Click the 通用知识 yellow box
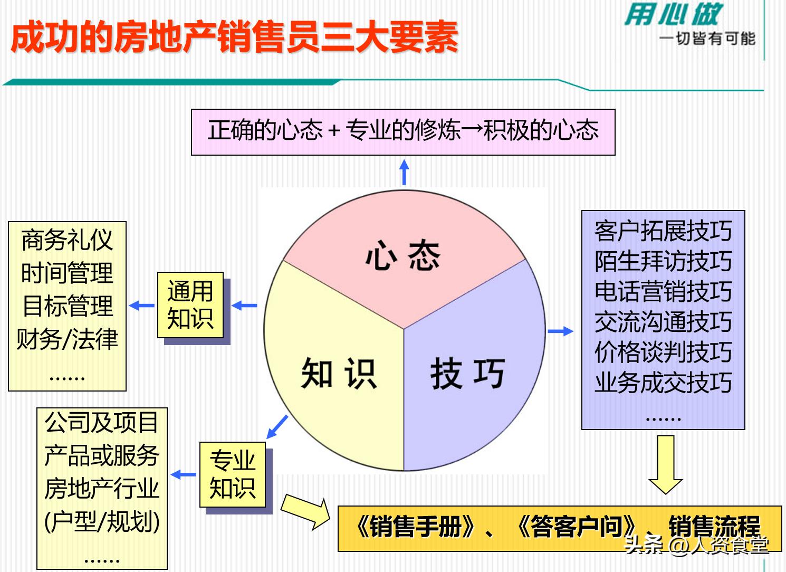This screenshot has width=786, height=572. (x=190, y=305)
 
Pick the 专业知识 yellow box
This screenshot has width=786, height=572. (x=233, y=474)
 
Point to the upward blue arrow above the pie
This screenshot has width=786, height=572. (x=404, y=173)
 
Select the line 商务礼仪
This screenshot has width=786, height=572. (x=67, y=241)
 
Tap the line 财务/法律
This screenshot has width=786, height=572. (x=67, y=339)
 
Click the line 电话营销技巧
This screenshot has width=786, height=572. (x=663, y=291)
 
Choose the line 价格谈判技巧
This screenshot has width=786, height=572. (x=663, y=352)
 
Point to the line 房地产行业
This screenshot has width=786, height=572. (x=102, y=489)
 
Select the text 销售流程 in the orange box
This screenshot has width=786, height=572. (x=714, y=526)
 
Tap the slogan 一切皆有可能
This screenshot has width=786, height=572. (x=707, y=39)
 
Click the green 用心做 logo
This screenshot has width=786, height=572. (x=673, y=14)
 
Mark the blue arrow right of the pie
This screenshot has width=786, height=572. (x=560, y=331)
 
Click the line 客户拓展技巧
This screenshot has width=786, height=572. (x=663, y=231)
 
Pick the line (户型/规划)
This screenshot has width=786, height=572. (x=102, y=522)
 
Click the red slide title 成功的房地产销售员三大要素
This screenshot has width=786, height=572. (x=234, y=37)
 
